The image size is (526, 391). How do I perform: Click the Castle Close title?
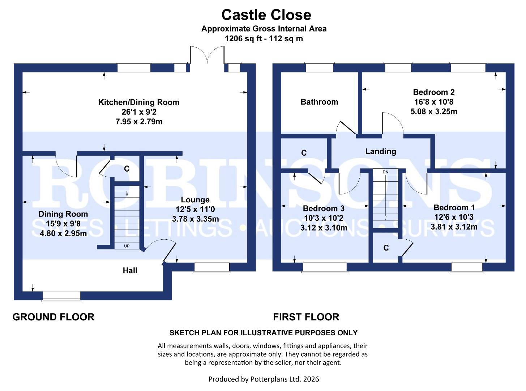(x=266, y=15)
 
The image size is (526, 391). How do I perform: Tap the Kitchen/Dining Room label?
(x=139, y=102)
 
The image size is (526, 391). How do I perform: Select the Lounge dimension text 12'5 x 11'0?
(x=195, y=209)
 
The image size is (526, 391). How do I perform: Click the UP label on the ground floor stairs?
(x=127, y=246)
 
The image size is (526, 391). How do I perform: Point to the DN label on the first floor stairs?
(x=385, y=172)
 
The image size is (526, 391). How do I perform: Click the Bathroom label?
(x=319, y=102)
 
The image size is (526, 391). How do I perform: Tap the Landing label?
(x=380, y=152)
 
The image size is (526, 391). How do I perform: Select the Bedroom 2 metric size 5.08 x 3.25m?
(x=434, y=112)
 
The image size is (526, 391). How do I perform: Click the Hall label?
(x=130, y=270)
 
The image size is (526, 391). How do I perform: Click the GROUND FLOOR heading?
(x=54, y=317)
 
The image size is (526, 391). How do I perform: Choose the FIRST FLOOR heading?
(x=306, y=317)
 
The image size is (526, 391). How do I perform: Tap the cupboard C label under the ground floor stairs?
(x=127, y=169)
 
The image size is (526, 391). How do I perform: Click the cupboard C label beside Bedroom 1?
(x=386, y=248)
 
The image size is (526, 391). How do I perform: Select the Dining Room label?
(x=63, y=214)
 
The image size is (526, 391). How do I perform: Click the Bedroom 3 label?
(x=324, y=209)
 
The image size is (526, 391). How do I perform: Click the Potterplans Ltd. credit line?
(x=264, y=379)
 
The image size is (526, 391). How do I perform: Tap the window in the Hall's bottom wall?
(x=61, y=296)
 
